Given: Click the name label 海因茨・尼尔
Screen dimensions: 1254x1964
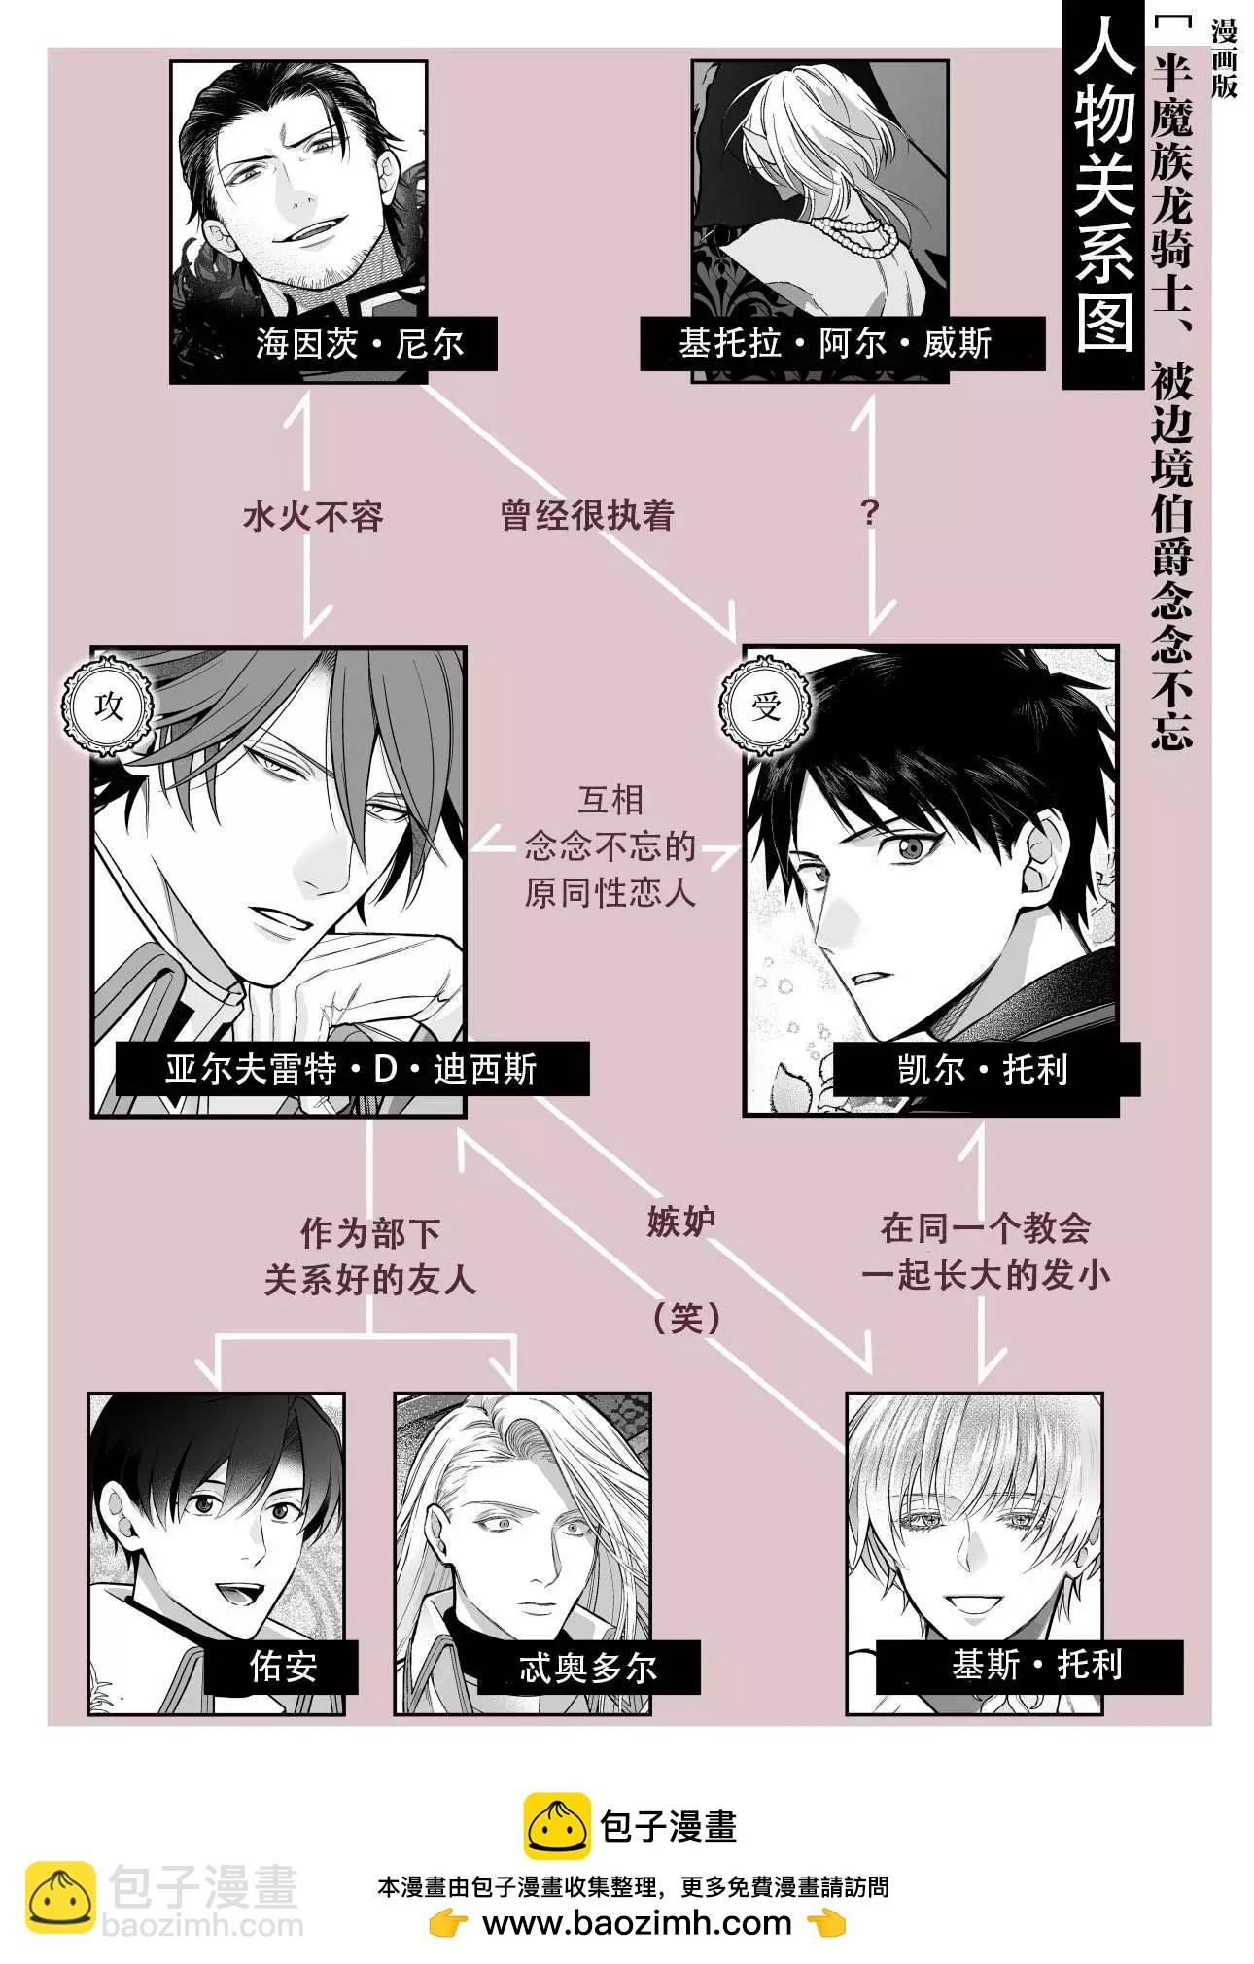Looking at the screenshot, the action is click(360, 343).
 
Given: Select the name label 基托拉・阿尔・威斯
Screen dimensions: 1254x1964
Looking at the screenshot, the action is click(835, 343).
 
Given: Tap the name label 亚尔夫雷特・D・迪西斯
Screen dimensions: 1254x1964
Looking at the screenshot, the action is click(351, 1069).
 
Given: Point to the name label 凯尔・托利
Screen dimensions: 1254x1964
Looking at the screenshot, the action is click(983, 1069).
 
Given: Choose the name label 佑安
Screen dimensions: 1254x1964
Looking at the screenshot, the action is click(283, 1667).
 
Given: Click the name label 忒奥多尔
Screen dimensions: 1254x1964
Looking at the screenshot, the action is click(588, 1668).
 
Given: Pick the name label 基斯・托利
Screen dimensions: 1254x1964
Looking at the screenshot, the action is click(1036, 1666).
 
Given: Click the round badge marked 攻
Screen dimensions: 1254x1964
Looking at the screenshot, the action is click(109, 706).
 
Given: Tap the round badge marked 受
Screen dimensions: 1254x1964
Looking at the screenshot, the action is click(765, 706).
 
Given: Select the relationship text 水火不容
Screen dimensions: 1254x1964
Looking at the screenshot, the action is click(313, 516).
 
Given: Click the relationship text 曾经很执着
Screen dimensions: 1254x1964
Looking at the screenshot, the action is click(587, 515).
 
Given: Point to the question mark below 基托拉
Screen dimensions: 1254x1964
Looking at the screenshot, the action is click(870, 512).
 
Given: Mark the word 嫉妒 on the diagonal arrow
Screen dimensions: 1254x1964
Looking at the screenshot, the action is click(680, 1222).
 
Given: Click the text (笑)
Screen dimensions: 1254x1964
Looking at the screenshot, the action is click(686, 1318).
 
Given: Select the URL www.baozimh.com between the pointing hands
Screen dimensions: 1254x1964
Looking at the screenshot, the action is click(637, 1922).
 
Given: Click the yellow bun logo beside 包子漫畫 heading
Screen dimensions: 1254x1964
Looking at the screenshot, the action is click(557, 1826).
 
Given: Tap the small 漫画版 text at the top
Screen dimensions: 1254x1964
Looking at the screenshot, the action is click(1224, 60).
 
